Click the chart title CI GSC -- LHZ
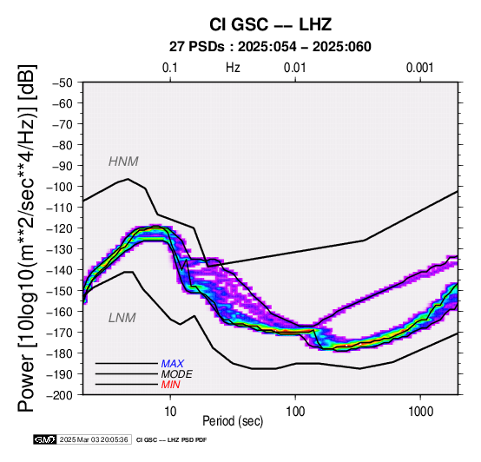(270, 24)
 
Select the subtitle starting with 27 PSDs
(270, 47)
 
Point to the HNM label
(123, 162)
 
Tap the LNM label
(122, 318)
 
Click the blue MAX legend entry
(173, 364)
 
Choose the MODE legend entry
(177, 374)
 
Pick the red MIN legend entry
(170, 385)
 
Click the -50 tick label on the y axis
(63, 82)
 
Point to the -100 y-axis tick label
(60, 187)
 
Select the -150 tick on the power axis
(60, 291)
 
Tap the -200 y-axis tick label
(60, 395)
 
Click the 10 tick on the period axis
(170, 412)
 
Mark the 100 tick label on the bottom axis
(295, 412)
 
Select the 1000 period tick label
(420, 412)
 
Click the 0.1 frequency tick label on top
(170, 68)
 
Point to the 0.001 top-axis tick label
(420, 68)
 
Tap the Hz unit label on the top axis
(233, 68)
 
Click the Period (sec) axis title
(233, 421)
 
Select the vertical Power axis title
(27, 238)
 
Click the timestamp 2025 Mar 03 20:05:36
(94, 439)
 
